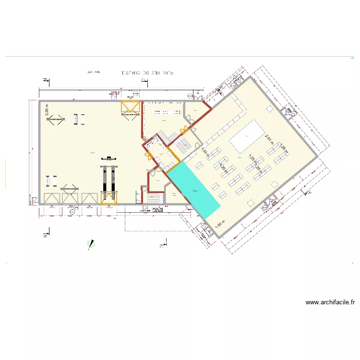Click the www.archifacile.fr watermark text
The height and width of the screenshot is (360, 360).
pos(330,302)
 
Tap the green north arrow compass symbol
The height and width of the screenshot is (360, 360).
pos(91,244)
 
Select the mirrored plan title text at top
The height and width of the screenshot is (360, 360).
pos(147,72)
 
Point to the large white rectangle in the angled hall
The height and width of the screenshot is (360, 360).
pos(247,135)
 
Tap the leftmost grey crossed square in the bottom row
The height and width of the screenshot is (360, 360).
pos(50,198)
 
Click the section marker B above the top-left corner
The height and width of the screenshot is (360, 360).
pos(44,80)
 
